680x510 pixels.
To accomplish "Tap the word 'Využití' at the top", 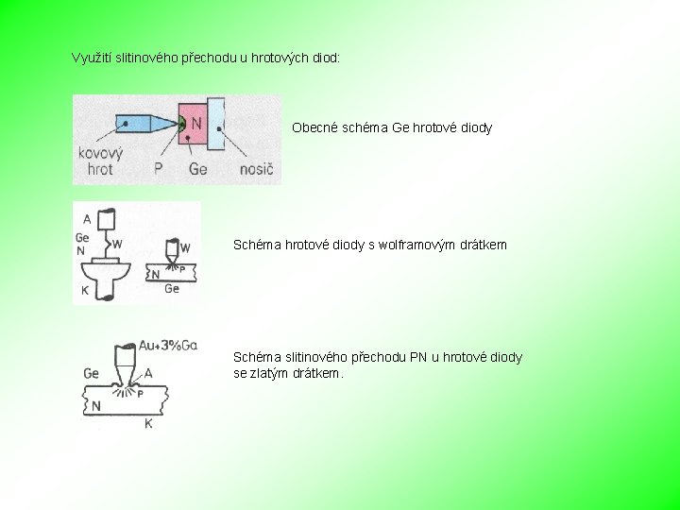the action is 92,58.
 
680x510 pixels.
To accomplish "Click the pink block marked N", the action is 195,124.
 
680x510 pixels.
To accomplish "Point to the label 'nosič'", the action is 256,170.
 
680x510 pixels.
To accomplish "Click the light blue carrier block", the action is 216,124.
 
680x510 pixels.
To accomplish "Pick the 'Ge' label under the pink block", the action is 197,170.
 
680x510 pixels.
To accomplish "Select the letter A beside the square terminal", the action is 87,218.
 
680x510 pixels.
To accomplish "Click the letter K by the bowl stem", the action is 84,291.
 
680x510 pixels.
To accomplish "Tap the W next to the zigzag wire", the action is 116,245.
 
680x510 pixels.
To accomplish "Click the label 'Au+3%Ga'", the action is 168,346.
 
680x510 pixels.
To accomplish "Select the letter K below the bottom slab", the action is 148,425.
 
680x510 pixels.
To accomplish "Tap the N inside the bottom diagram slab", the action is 95,406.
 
